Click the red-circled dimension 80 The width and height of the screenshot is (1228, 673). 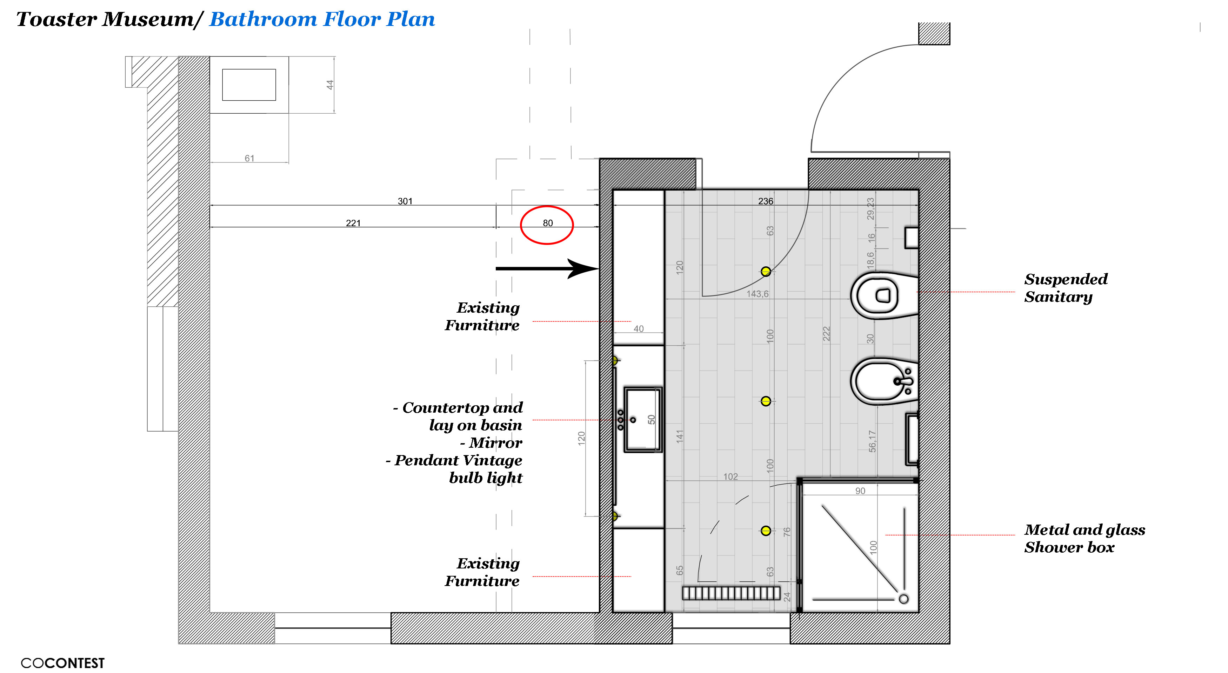[x=548, y=223]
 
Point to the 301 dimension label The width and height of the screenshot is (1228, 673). [x=405, y=201]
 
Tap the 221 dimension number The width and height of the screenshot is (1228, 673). [x=353, y=223]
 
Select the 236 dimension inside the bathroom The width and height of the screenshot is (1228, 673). [x=766, y=201]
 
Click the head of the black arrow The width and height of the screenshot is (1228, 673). [x=583, y=268]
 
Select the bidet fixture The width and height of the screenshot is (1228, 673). [x=884, y=381]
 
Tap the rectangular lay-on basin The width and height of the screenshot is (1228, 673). [x=643, y=419]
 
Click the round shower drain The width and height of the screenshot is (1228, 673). [x=903, y=599]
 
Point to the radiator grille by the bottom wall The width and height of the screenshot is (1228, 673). [x=731, y=593]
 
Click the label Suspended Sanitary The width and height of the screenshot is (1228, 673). [x=1066, y=288]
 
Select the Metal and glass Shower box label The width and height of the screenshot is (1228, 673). [x=1084, y=539]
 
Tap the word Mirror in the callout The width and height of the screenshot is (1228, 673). [x=495, y=443]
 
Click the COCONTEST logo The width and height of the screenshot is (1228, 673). [x=62, y=663]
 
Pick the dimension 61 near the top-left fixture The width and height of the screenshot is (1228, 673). [x=249, y=158]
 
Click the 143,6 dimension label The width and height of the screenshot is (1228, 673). [x=758, y=294]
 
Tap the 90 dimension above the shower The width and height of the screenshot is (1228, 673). [x=860, y=491]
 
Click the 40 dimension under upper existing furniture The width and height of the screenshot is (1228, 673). [x=638, y=329]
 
